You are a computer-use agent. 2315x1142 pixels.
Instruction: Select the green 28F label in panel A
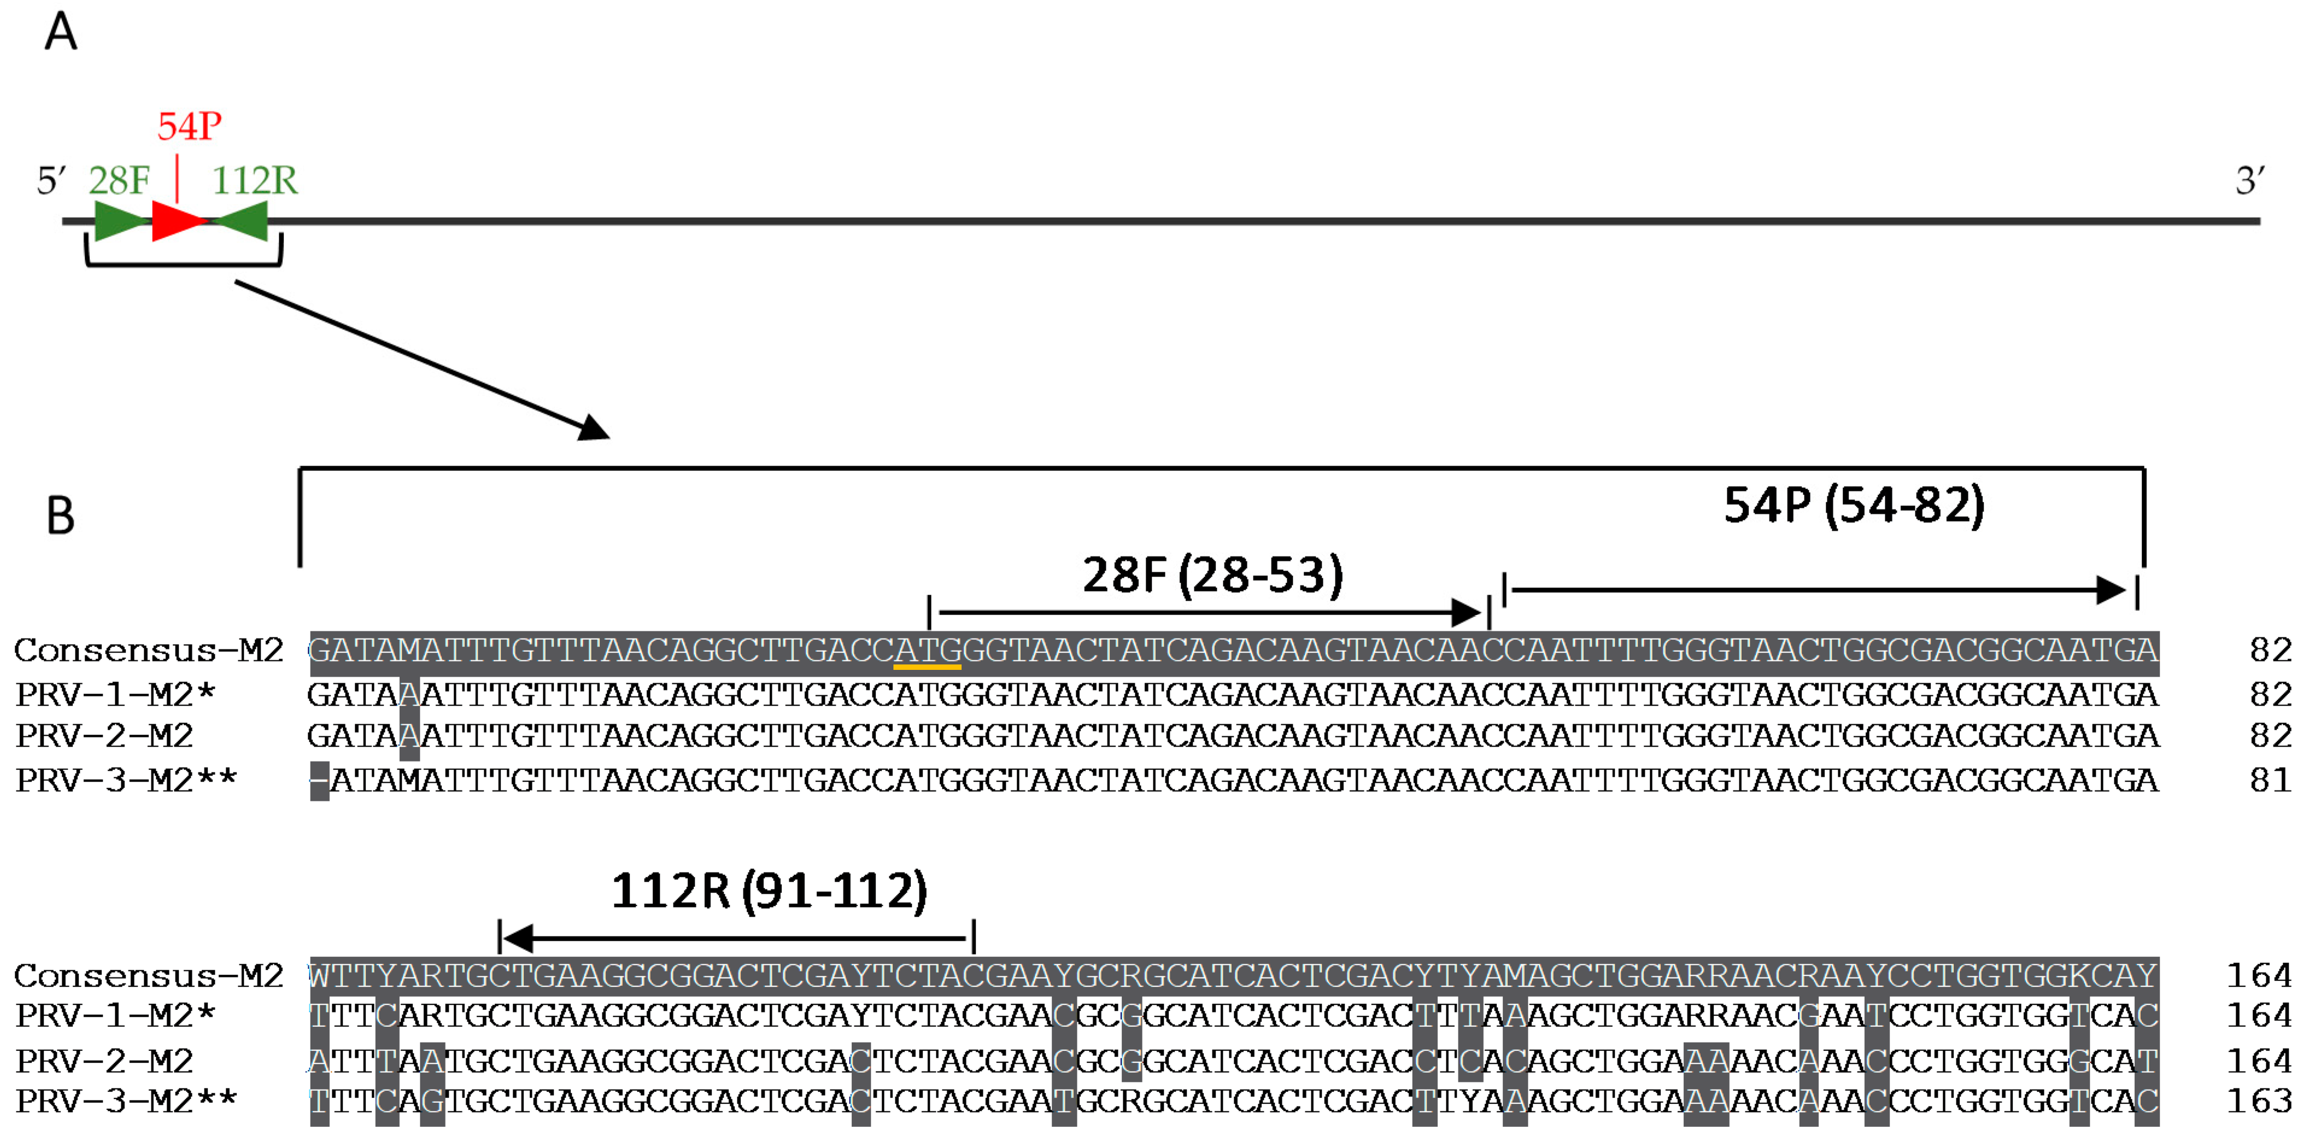[119, 181]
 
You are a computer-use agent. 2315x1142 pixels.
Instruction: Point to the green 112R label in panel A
[254, 181]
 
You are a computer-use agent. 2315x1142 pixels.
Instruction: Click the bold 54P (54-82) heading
[1854, 505]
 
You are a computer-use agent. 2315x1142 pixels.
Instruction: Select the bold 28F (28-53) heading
[1212, 575]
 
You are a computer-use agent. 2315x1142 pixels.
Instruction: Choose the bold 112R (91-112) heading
[769, 891]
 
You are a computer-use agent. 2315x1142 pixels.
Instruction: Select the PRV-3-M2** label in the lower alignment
[126, 1100]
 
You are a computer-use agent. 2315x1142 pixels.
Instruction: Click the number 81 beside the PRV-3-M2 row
[2270, 780]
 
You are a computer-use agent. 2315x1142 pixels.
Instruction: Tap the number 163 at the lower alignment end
[2258, 1100]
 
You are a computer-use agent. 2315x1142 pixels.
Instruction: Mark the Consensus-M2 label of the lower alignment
[148, 976]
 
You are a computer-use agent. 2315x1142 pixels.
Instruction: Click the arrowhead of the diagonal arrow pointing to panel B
[595, 429]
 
